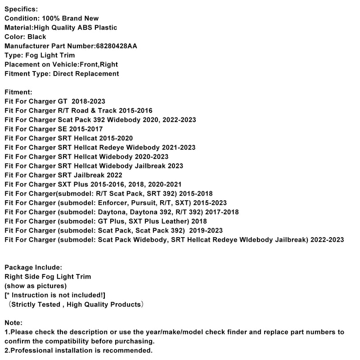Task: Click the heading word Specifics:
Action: [x=21, y=9]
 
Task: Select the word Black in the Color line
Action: [x=36, y=37]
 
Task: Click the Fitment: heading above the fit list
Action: [x=18, y=92]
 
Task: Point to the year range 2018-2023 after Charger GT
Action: [x=90, y=101]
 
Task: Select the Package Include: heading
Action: [x=33, y=267]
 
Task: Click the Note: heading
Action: [x=13, y=323]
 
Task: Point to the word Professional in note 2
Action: [x=28, y=350]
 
